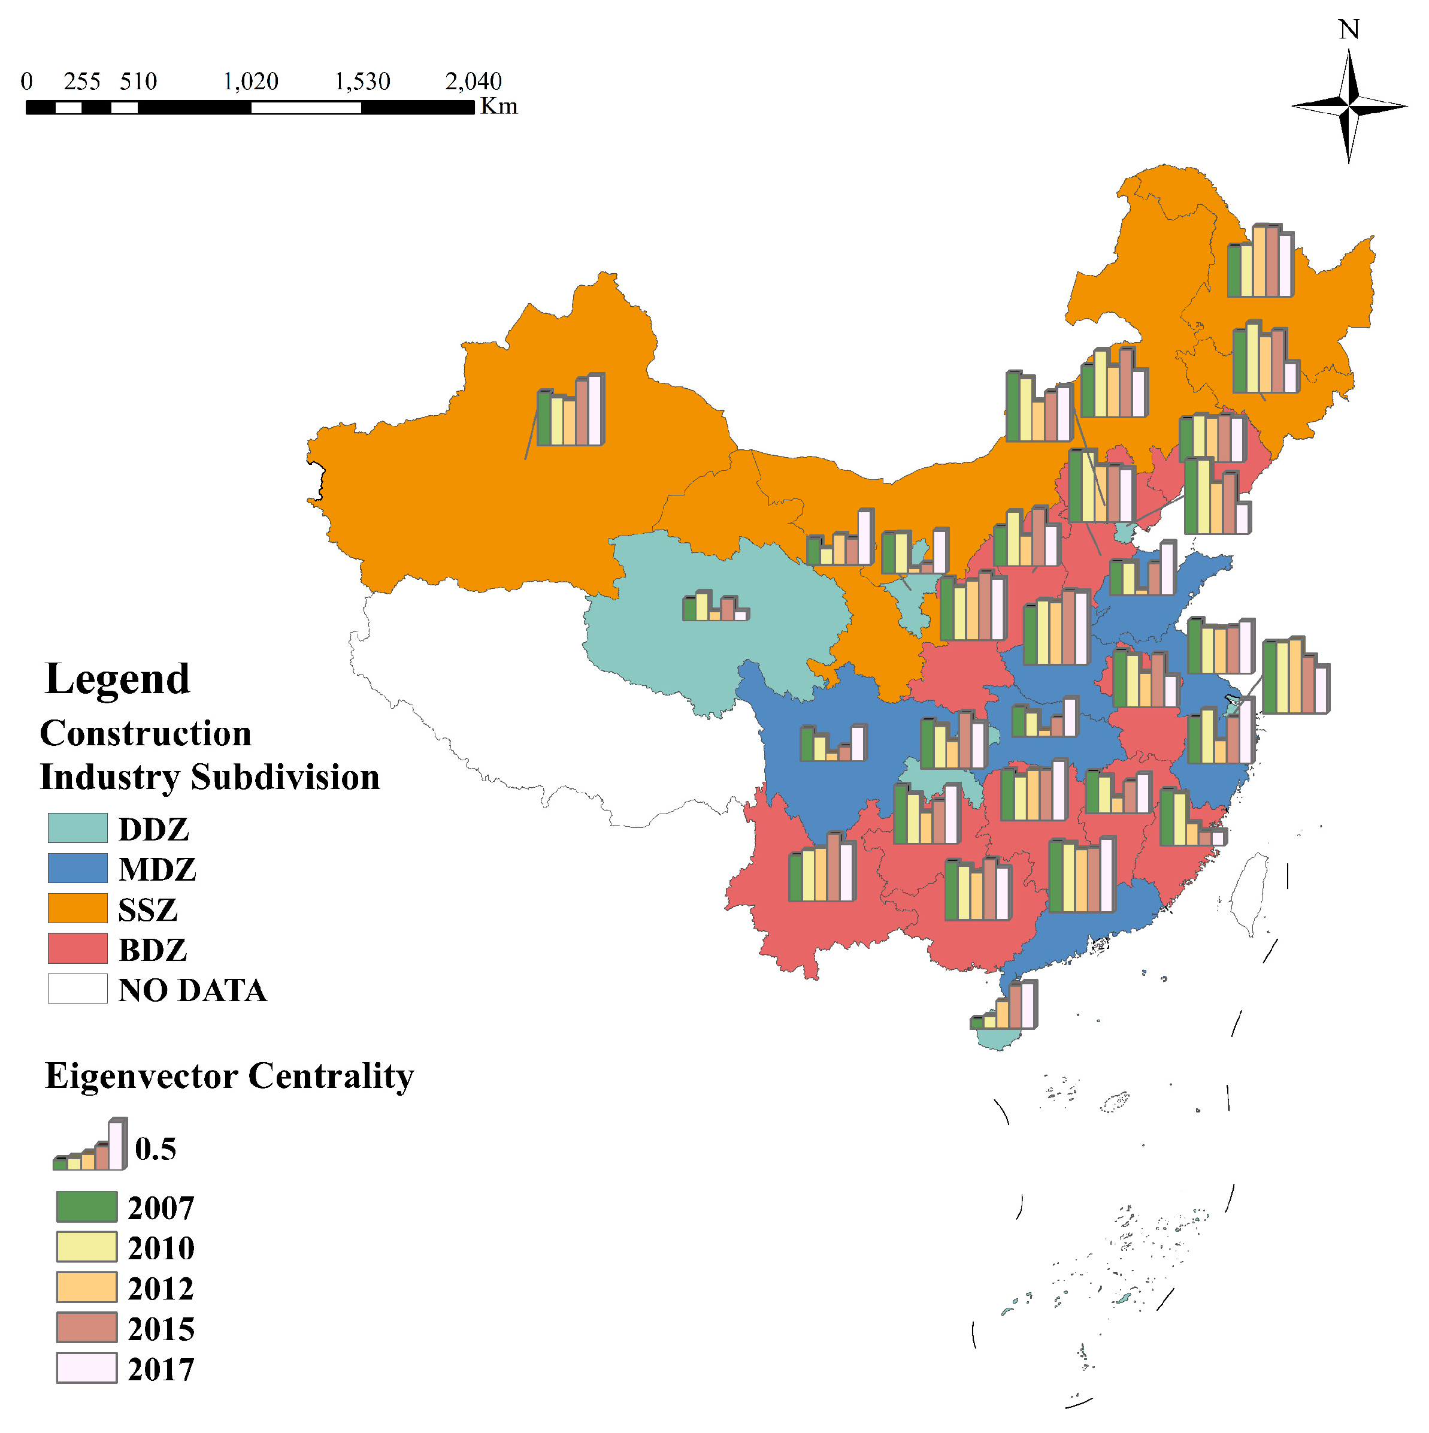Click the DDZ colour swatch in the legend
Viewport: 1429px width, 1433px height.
78,829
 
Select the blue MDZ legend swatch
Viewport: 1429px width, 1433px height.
78,869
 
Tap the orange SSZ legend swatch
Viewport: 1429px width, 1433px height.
78,909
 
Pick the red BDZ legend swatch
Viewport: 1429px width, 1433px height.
78,950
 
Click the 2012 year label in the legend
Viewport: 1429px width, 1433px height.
161,1290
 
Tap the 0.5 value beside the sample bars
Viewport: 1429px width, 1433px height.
156,1150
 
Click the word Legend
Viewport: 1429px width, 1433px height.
117,679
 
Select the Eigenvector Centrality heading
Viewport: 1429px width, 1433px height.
229,1076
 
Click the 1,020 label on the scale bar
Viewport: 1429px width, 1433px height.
251,81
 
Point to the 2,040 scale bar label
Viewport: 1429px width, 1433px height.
473,81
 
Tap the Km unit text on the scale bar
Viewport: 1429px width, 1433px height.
499,107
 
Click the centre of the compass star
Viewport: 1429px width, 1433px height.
1350,107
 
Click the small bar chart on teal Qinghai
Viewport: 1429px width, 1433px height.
716,606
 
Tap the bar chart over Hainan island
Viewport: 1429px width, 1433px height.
1004,1006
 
